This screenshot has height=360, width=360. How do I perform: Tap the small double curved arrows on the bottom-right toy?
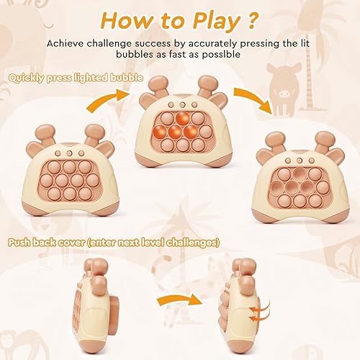pyautogui.click(x=256, y=314)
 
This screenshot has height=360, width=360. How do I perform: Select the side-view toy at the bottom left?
pyautogui.click(x=96, y=302)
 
